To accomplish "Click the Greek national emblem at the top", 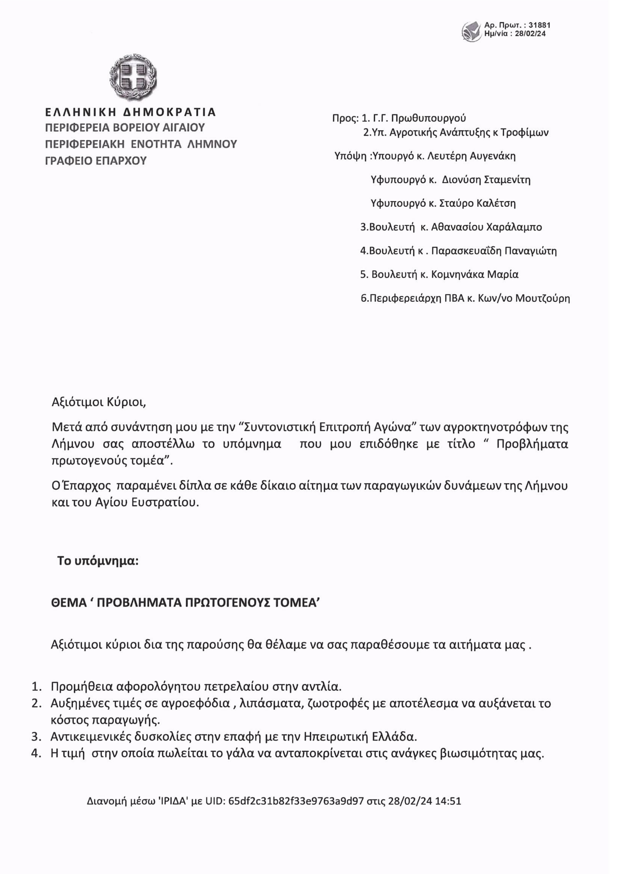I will pos(133,77).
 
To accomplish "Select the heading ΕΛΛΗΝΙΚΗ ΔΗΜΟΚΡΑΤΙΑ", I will pos(130,112).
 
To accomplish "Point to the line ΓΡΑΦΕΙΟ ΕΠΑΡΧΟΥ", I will pos(96,161).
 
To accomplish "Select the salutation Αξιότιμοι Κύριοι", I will pos(99,402).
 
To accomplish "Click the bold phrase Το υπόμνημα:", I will pos(98,560).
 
